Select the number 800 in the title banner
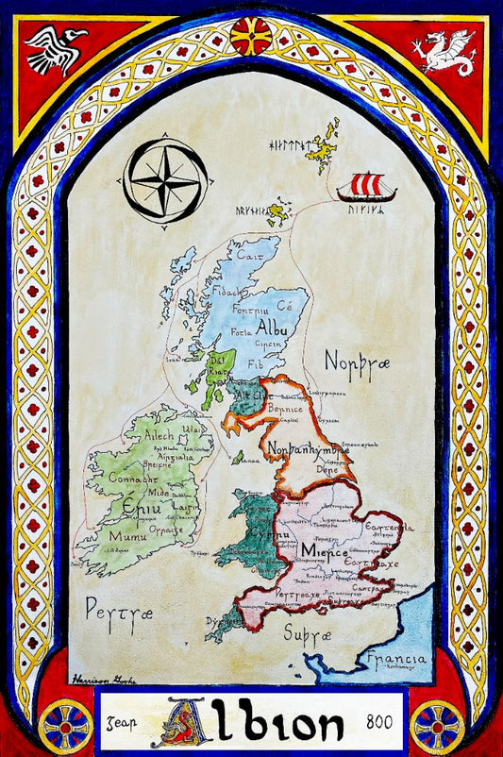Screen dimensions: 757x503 coord(381,722)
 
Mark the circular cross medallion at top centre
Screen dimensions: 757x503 coord(251,36)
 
